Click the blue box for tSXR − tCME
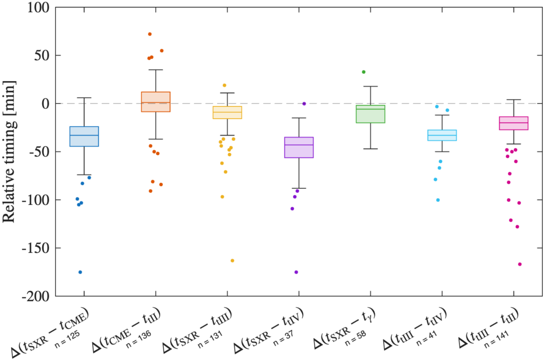pos(84,136)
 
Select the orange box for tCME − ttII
pos(155,101)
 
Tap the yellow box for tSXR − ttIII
pos(227,113)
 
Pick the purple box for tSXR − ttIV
pos(299,147)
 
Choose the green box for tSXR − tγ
pos(370,114)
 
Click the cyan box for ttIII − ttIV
pos(442,135)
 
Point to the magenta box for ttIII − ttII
pos(513,123)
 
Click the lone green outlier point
pos(364,72)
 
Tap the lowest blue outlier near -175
pos(81,272)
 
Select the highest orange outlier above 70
pos(150,34)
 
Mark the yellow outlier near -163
pos(232,261)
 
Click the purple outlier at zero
pos(304,103)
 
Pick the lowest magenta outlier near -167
pos(520,264)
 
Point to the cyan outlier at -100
pos(438,200)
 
